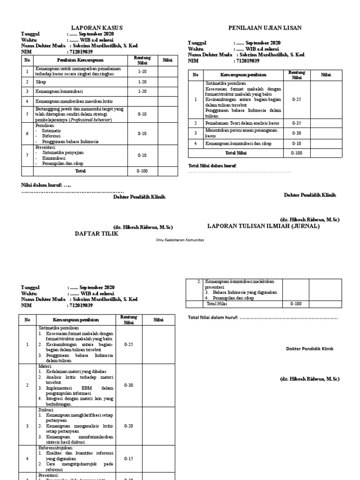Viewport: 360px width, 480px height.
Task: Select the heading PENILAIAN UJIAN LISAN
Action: pyautogui.click(x=264, y=28)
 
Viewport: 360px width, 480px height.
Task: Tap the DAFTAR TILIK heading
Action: pyautogui.click(x=96, y=233)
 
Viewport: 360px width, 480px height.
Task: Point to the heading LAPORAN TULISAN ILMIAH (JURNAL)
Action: pyautogui.click(x=263, y=226)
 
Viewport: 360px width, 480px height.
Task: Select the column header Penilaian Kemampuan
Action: pyautogui.click(x=77, y=60)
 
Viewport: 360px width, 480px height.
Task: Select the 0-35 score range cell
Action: pyautogui.click(x=297, y=122)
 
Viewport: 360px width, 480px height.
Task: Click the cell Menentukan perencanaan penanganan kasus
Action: pyautogui.click(x=238, y=133)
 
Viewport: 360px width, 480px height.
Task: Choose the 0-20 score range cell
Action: pyautogui.click(x=129, y=427)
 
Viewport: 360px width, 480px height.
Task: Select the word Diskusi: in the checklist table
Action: pyautogui.click(x=47, y=409)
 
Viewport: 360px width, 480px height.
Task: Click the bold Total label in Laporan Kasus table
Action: pyautogui.click(x=81, y=171)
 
